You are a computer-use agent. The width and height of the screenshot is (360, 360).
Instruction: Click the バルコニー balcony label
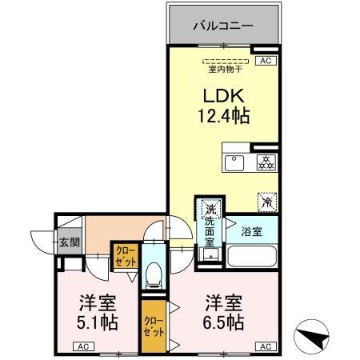[223, 26]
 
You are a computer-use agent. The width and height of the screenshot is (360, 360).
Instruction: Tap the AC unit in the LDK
[266, 60]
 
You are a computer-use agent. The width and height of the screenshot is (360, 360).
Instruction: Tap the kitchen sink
[235, 163]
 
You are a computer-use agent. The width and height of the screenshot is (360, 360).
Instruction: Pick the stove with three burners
[264, 163]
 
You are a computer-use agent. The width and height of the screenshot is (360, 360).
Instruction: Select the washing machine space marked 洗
[210, 205]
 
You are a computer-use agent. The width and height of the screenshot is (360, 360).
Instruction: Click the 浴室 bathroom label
[250, 231]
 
